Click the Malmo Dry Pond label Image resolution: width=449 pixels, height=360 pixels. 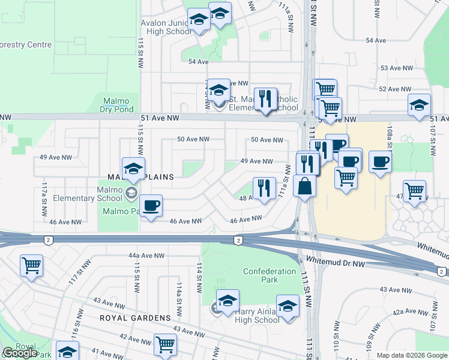(117, 105)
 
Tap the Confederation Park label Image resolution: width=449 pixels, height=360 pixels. (270, 275)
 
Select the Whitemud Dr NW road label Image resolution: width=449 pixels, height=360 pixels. (335, 262)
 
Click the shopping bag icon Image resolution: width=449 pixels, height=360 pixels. (304, 186)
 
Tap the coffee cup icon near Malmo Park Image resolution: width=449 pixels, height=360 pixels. (151, 206)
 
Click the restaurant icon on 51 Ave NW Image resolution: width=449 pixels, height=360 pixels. (265, 98)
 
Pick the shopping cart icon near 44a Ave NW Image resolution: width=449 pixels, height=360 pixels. (31, 265)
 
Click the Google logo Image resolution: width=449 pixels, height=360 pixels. (20, 353)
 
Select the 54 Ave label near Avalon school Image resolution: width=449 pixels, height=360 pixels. (197, 62)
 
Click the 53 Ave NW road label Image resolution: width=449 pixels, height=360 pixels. (396, 68)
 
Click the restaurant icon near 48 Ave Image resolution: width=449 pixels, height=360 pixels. (264, 188)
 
